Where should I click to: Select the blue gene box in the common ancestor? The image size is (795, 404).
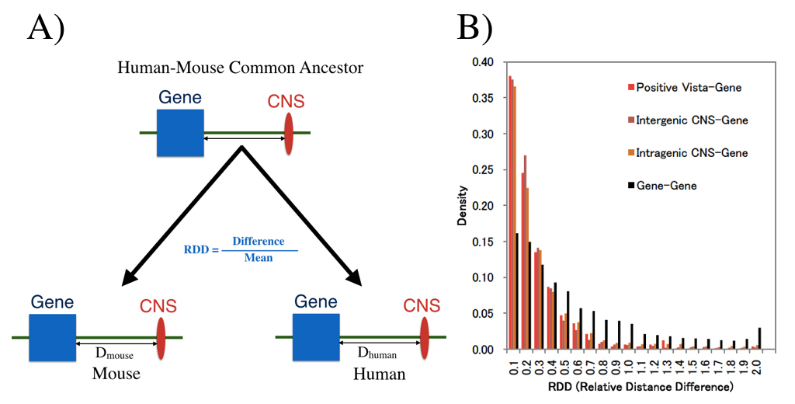click(x=180, y=134)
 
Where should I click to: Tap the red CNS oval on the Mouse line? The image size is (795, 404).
click(x=161, y=338)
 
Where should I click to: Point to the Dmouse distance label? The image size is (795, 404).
click(x=115, y=354)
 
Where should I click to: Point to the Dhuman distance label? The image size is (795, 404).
click(x=377, y=354)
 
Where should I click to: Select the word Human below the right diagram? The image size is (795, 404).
click(x=379, y=374)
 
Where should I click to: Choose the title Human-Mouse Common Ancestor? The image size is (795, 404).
click(x=240, y=68)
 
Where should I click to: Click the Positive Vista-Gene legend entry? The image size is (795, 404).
click(x=683, y=87)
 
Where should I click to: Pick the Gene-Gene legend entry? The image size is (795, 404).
click(x=668, y=186)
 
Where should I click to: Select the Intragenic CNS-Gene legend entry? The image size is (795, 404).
click(x=686, y=153)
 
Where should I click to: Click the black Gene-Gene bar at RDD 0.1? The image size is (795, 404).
click(x=516, y=291)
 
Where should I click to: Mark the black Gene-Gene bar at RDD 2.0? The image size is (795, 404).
click(x=759, y=339)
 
